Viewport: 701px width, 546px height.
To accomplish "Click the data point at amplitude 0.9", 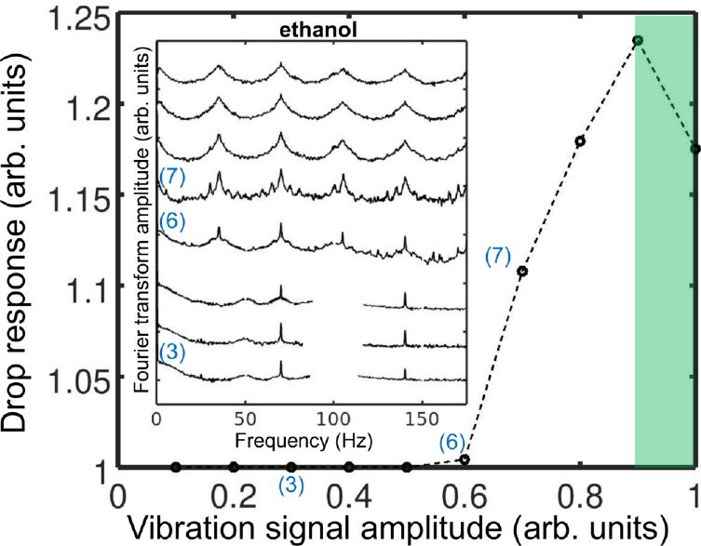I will coord(638,40).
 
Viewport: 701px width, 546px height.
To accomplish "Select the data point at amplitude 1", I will coord(694,149).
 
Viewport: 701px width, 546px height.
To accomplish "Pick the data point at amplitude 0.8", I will coord(580,141).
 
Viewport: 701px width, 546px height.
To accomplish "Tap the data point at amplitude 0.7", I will coord(522,272).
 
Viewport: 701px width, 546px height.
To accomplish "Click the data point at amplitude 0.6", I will coord(465,459).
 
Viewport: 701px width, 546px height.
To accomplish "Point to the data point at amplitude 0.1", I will coord(176,466).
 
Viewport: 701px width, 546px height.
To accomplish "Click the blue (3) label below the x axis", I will coord(291,485).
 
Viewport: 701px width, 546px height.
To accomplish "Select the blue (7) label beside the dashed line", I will coord(498,257).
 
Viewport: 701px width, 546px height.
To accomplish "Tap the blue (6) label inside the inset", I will coord(173,220).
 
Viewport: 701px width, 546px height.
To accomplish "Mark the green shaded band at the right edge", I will coord(665,279).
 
